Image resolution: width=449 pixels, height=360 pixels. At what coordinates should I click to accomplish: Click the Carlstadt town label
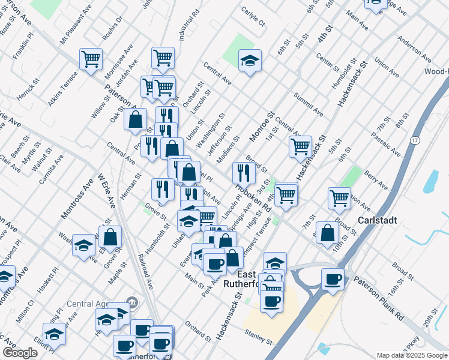coord(377,220)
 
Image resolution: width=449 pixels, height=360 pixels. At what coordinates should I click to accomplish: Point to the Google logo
coord(19,353)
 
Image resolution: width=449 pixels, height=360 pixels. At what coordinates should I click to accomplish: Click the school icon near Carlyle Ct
coord(250,61)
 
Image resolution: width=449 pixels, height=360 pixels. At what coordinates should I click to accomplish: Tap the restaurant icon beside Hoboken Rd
coord(243,173)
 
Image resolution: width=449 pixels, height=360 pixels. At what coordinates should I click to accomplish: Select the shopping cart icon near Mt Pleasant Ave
coord(91,59)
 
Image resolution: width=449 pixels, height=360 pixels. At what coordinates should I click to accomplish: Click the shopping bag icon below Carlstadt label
coord(327,233)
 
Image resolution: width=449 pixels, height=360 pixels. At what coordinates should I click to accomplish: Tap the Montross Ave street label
coord(85,191)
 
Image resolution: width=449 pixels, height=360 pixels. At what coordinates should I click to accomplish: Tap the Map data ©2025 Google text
coord(411,355)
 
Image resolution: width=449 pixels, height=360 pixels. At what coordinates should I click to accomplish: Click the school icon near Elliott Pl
coord(54,333)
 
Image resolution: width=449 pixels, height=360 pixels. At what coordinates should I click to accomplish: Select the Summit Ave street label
coord(308,104)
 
